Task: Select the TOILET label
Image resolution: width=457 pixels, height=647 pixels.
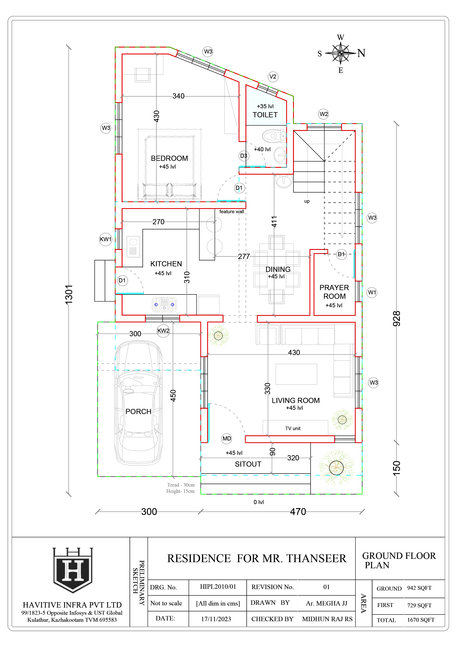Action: [265, 115]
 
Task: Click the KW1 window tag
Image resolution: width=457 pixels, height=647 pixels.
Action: [106, 239]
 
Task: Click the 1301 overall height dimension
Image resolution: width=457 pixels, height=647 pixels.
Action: [69, 295]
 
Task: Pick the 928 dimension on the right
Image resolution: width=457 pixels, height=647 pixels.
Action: [396, 319]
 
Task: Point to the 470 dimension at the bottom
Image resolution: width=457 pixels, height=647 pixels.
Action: [298, 511]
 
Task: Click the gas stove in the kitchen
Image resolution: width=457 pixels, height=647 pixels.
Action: [164, 304]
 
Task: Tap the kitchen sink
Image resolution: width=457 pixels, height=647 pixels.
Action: [133, 247]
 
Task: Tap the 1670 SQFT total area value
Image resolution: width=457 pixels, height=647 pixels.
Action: [421, 620]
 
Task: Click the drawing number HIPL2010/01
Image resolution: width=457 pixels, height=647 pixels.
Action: [218, 587]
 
